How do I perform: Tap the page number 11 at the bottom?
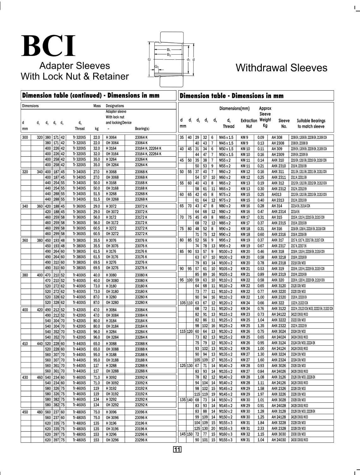click(x=177, y=449)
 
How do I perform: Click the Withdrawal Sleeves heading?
click(x=281, y=68)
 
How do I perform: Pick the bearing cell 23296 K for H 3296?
click(x=141, y=434)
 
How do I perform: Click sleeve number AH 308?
click(x=277, y=138)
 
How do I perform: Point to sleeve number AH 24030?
click(x=279, y=440)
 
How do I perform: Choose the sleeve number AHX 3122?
click(x=279, y=309)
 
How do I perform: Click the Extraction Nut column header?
click(x=249, y=123)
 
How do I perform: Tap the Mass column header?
click(x=97, y=106)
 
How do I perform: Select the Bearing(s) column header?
click(x=142, y=129)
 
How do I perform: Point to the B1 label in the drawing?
click(x=169, y=50)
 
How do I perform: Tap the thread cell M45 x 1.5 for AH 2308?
click(x=226, y=143)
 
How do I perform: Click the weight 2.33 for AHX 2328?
click(x=261, y=429)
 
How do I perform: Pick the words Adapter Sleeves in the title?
click(x=75, y=66)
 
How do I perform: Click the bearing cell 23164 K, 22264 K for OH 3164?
click(x=148, y=154)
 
